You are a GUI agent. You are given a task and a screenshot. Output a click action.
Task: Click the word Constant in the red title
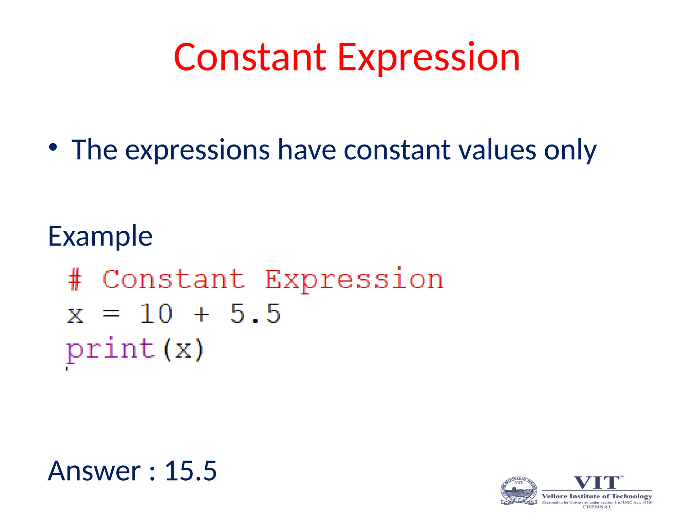(x=250, y=58)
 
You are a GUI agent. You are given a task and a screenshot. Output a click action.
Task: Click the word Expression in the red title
(x=429, y=58)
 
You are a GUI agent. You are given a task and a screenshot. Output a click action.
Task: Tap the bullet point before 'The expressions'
(x=53, y=147)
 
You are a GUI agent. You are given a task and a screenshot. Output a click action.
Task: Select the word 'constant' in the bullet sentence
(x=397, y=150)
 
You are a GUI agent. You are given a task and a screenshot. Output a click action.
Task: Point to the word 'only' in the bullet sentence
(x=570, y=150)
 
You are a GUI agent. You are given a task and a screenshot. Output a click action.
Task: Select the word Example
(x=100, y=236)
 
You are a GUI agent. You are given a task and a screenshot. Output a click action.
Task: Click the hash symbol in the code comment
(x=75, y=279)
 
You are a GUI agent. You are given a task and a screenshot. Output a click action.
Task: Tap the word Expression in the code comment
(x=354, y=279)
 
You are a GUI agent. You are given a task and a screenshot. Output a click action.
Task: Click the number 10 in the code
(x=156, y=313)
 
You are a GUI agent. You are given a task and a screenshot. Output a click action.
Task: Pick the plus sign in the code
(x=201, y=314)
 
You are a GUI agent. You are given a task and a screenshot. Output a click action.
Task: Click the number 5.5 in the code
(x=255, y=313)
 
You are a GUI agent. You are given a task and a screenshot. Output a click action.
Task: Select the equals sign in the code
(x=111, y=314)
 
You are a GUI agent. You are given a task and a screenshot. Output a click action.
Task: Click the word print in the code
(x=111, y=349)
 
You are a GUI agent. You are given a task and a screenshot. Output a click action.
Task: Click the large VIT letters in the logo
(x=597, y=483)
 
